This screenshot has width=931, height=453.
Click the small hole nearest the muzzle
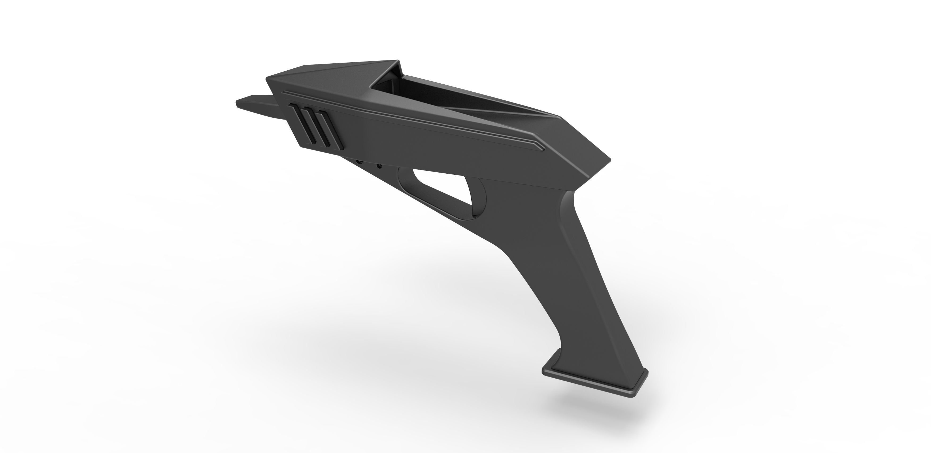[x=359, y=161]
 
